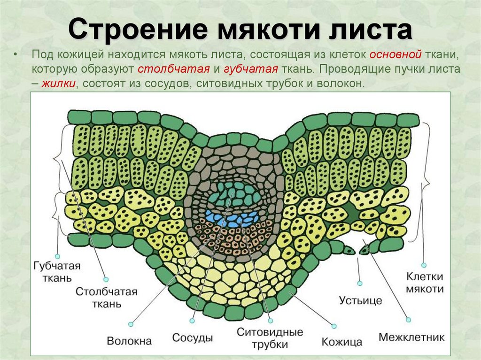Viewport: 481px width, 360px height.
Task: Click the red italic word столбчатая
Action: (174, 69)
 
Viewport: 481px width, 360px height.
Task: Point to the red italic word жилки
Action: (59, 84)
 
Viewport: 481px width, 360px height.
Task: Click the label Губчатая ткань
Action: (57, 272)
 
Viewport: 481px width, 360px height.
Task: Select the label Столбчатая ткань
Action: (106, 298)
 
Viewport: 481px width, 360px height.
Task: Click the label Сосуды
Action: (193, 337)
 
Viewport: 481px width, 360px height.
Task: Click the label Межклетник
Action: (411, 337)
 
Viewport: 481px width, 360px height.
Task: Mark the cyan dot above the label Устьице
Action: (360, 283)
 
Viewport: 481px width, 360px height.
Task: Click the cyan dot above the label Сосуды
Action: (192, 321)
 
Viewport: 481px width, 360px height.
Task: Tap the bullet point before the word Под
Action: (16, 55)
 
